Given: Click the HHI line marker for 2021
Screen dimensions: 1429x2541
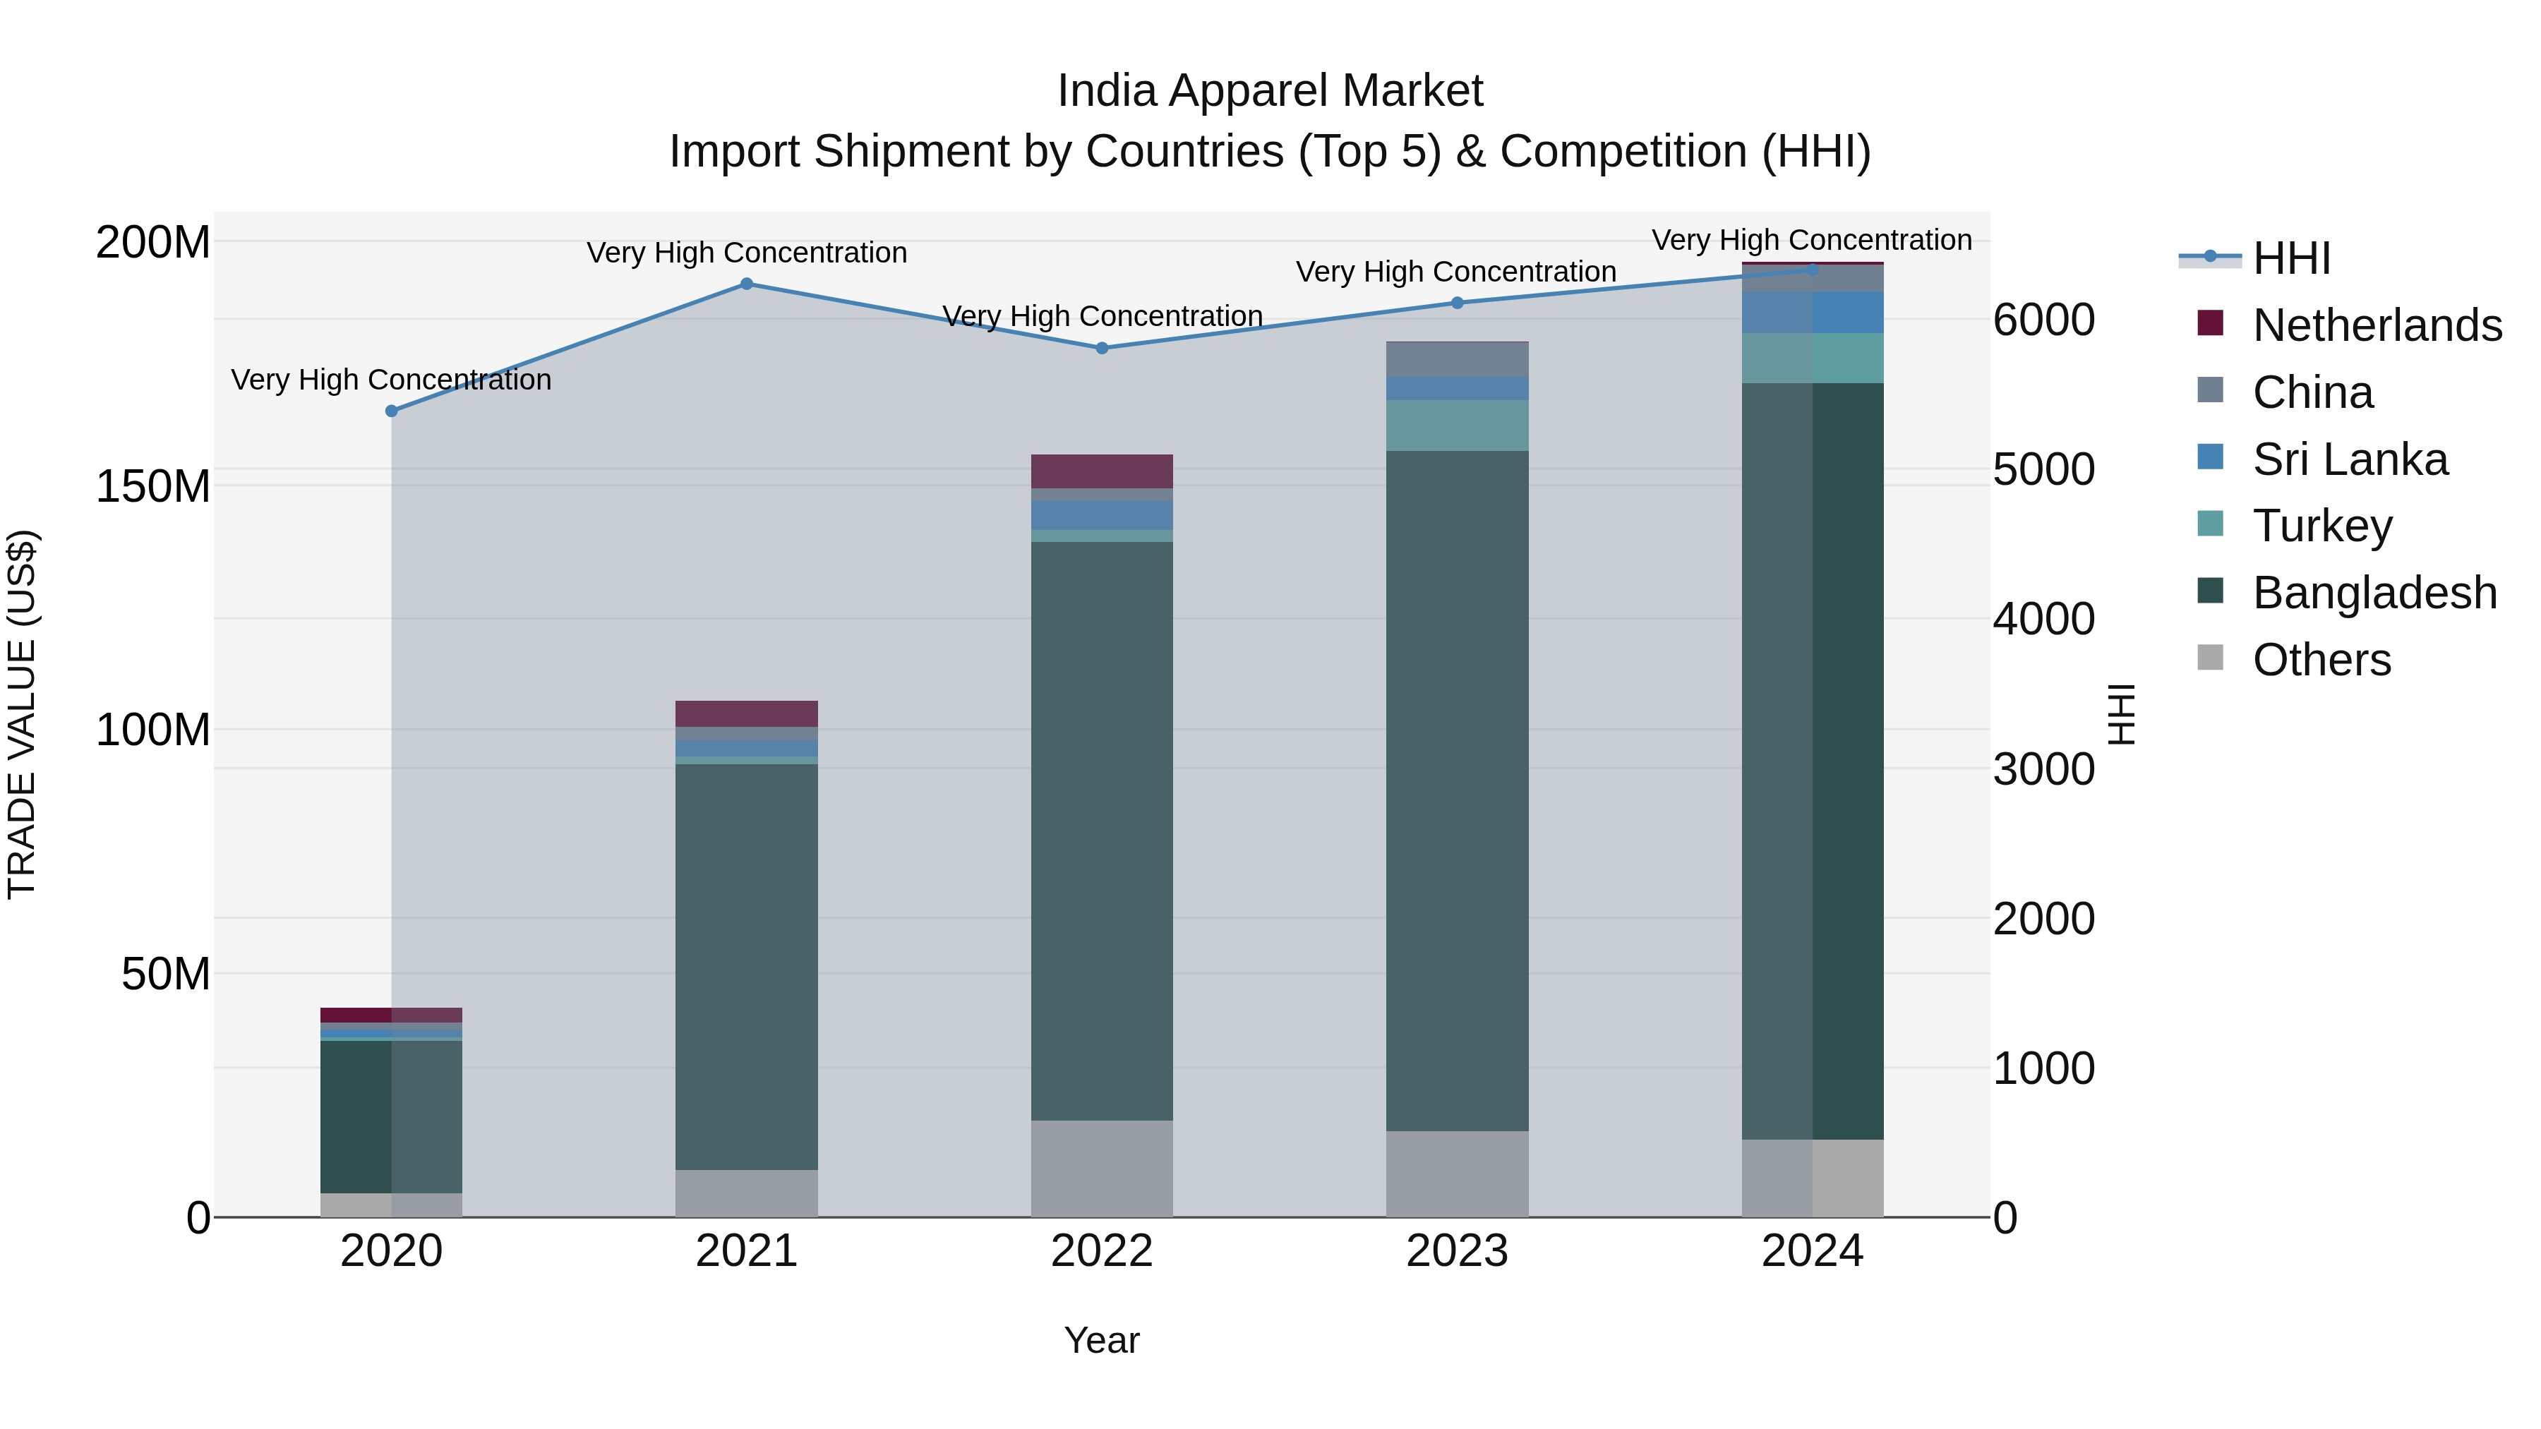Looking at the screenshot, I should pos(747,284).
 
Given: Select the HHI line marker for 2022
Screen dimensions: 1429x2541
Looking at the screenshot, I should pos(1102,348).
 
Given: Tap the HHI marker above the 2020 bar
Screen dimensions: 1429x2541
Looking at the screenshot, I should pos(392,411).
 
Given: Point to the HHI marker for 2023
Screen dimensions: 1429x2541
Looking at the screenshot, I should pos(1457,303).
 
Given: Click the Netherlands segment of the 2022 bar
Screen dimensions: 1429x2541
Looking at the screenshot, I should pos(1102,471).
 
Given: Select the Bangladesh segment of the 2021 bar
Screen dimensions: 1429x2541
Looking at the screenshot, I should pos(747,967).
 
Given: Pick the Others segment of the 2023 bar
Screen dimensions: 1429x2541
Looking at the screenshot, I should pos(1457,1174).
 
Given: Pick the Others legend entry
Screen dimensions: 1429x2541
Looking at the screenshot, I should pos(2321,660).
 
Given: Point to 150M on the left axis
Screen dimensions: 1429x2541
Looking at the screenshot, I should pos(153,486).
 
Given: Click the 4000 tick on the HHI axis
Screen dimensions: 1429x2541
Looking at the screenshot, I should pos(2043,620).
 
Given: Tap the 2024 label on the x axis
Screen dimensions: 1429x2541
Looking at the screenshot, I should pos(1812,1251).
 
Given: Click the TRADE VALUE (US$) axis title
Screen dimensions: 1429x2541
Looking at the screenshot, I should pos(22,714).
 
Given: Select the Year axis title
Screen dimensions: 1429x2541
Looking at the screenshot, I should pos(1102,1340).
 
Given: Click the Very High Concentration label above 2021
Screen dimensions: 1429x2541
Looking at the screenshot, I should pos(747,253).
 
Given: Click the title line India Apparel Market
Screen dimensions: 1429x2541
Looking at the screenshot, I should pos(1270,91).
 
